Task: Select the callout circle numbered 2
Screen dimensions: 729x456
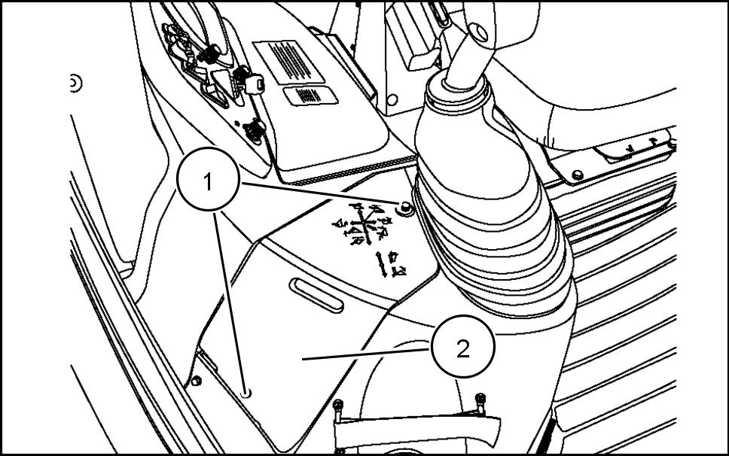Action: (x=462, y=348)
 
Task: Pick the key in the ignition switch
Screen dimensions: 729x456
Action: (x=253, y=83)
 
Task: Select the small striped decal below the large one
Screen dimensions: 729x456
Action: (x=310, y=96)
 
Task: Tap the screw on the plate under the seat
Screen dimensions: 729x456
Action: (x=577, y=175)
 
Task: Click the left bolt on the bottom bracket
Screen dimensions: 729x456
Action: (x=340, y=406)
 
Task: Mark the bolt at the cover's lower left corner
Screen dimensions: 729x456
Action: (x=197, y=378)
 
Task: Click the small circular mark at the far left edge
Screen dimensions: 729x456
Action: (x=74, y=83)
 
